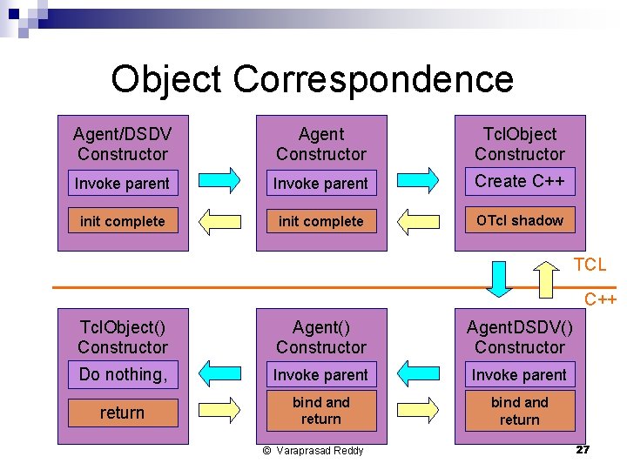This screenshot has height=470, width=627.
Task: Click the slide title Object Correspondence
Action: point(312,79)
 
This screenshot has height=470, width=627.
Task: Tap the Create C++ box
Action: point(520,182)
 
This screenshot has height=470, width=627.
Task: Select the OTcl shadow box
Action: point(520,220)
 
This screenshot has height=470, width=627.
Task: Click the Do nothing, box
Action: point(123,375)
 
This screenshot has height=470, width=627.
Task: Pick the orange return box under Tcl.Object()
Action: point(123,413)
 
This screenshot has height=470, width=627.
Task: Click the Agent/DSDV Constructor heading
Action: point(123,144)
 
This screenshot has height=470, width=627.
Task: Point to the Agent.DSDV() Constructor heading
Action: point(520,338)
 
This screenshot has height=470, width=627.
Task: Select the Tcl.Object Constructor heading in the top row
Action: point(520,144)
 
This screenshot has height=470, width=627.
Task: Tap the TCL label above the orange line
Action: point(590,265)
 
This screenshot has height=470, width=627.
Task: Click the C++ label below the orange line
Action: point(600,300)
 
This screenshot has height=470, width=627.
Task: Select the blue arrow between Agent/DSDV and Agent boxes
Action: point(221,179)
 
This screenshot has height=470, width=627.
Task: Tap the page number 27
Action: point(583,450)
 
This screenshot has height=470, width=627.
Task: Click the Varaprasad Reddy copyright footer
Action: point(313,451)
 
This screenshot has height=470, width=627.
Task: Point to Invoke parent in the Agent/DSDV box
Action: point(123,184)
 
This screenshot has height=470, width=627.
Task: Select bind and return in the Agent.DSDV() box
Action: point(520,411)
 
